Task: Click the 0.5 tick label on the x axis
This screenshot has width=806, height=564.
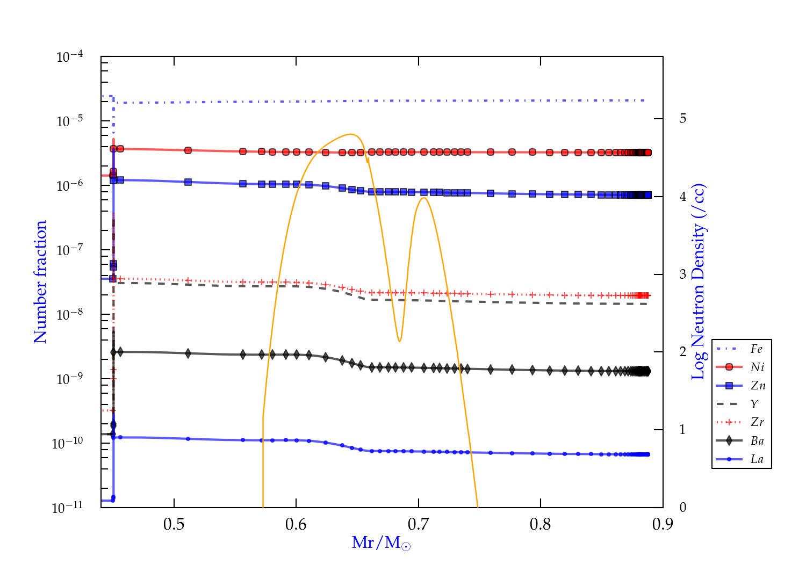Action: pos(174,524)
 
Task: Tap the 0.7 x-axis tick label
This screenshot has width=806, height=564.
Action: pos(418,524)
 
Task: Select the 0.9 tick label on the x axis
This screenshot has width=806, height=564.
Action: pos(663,524)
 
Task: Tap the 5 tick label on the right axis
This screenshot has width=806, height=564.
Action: pos(683,119)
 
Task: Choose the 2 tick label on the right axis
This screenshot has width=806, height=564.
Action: pos(683,352)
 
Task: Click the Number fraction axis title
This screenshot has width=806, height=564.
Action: pos(40,282)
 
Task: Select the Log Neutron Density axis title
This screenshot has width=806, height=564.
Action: pos(699,282)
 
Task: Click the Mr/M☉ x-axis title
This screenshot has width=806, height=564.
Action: pos(382,543)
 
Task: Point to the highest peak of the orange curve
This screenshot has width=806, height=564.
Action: pos(351,134)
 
